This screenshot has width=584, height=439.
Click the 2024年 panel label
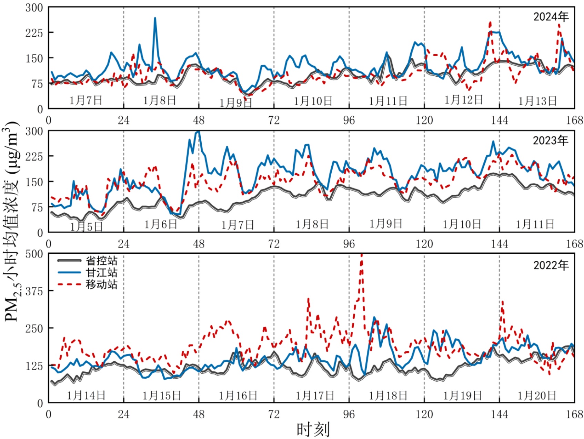coord(551,17)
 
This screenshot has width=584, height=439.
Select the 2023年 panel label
coord(550,140)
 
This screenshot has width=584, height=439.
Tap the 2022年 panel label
coord(551,265)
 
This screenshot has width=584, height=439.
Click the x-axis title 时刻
coord(313,429)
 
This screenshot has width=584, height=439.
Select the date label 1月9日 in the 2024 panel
coord(236,103)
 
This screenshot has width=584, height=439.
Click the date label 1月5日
coord(86,227)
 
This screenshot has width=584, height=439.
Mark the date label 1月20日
coord(537,395)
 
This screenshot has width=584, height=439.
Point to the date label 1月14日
coord(86,395)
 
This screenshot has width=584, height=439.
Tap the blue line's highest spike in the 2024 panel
coord(155,18)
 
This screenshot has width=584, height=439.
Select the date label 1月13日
coord(537,101)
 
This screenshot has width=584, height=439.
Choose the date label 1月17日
coord(315,395)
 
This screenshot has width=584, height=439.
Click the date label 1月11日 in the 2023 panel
coord(535,224)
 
